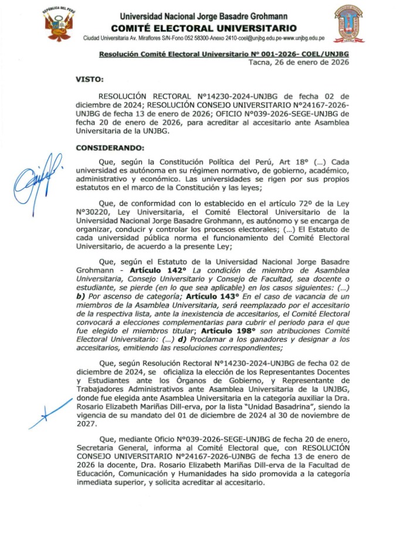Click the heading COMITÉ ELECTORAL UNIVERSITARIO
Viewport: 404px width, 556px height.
coord(203,28)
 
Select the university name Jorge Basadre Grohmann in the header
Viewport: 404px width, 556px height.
coord(203,16)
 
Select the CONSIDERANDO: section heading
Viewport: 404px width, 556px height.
coord(110,148)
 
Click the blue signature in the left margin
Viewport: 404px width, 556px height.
coord(37,175)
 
